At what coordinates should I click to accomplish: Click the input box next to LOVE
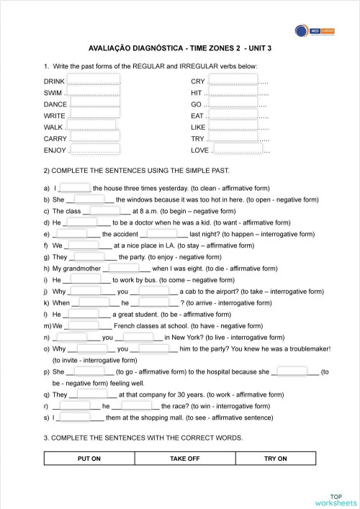pyautogui.click(x=238, y=149)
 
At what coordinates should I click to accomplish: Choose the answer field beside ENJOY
pyautogui.click(x=94, y=149)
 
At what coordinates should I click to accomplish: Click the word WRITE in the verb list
pyautogui.click(x=54, y=115)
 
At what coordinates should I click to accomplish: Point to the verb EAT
pyautogui.click(x=197, y=115)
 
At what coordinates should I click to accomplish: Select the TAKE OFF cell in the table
pyautogui.click(x=184, y=459)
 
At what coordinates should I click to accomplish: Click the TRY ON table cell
pyautogui.click(x=275, y=459)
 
